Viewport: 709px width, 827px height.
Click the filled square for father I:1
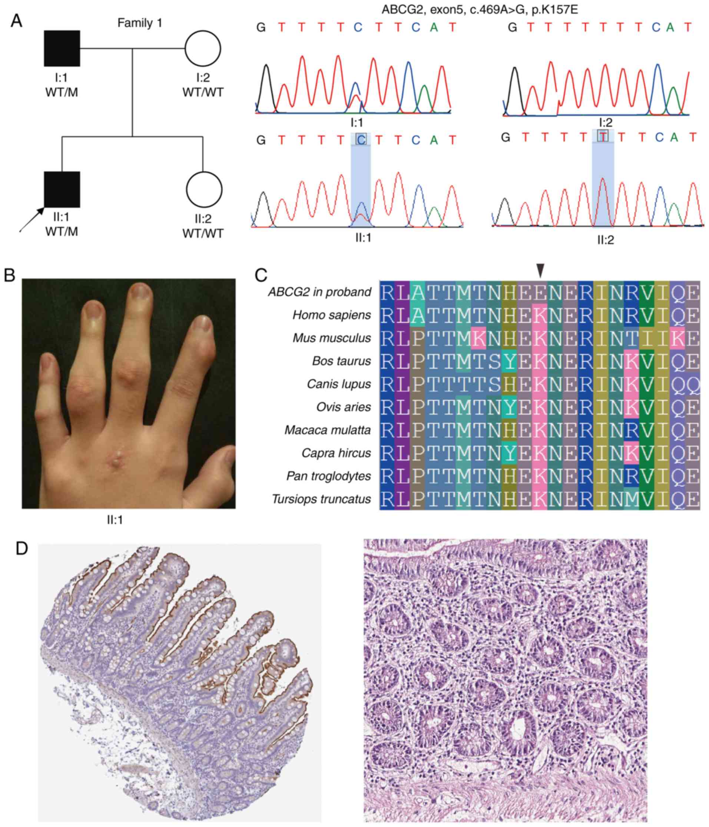(x=62, y=48)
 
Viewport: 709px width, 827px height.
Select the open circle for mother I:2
(x=203, y=48)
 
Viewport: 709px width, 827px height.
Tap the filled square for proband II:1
(x=62, y=189)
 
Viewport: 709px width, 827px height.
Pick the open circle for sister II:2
(x=204, y=189)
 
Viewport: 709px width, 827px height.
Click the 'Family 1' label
(x=140, y=23)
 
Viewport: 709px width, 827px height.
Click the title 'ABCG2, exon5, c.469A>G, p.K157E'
(x=480, y=9)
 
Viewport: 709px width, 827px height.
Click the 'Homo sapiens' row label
(x=332, y=315)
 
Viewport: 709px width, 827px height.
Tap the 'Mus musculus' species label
(x=332, y=338)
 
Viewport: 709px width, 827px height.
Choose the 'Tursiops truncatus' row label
(x=321, y=499)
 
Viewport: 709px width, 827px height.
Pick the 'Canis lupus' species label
(x=339, y=384)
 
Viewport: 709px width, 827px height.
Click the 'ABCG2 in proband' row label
(x=319, y=292)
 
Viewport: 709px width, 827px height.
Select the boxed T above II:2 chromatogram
(x=603, y=136)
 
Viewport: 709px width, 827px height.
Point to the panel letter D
(x=22, y=549)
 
